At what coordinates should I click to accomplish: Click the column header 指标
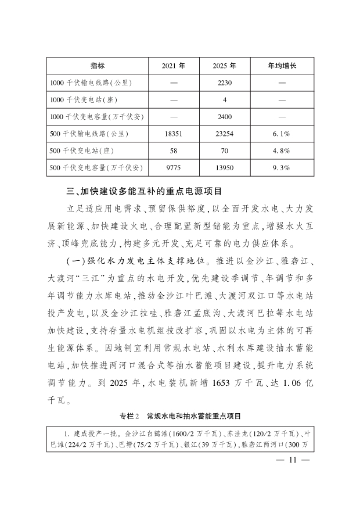[97, 66]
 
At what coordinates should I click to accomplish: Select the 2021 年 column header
[174, 66]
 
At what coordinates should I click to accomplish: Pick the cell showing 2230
[225, 83]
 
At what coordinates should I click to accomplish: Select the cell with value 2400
[225, 117]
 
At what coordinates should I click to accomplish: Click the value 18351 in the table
[174, 134]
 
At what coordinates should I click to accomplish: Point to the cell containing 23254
[225, 134]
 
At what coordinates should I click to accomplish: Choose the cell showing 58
[174, 151]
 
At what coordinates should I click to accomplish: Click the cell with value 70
[225, 151]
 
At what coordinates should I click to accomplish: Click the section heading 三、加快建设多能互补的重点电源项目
[145, 191]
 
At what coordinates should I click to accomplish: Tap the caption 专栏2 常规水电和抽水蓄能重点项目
[180, 416]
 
